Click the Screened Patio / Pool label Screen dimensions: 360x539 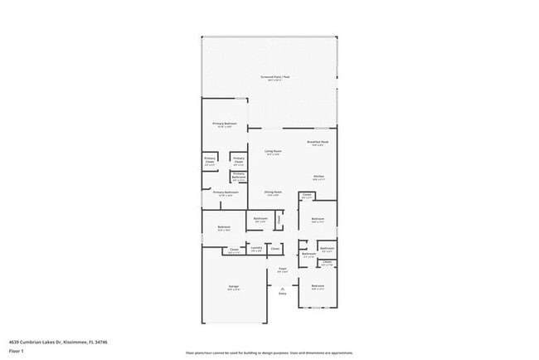tap(269, 77)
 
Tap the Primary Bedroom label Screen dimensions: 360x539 tap(225, 124)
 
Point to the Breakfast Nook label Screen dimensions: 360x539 tap(318, 143)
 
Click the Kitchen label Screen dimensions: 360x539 tap(318, 177)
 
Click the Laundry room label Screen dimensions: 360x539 tap(256, 248)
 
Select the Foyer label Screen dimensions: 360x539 tap(282, 269)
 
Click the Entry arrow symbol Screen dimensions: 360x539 tap(282, 287)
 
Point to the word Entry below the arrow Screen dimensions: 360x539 tap(282, 294)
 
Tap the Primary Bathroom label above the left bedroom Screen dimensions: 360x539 tap(226, 192)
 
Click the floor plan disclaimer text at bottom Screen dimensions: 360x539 tap(269, 352)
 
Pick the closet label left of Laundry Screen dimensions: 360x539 tap(234, 249)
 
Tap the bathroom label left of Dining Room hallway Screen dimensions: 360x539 tap(260, 220)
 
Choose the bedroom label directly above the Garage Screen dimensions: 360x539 tap(224, 227)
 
